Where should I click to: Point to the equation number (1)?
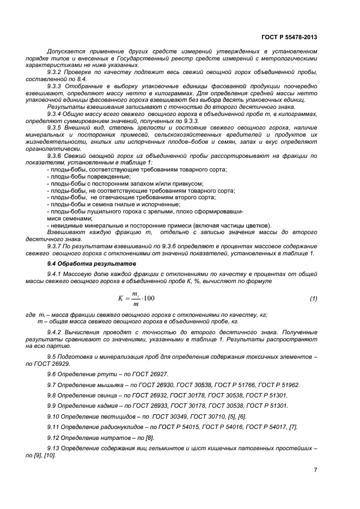pyautogui.click(x=313, y=298)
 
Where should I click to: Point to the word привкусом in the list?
pyautogui.click(x=190, y=183)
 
